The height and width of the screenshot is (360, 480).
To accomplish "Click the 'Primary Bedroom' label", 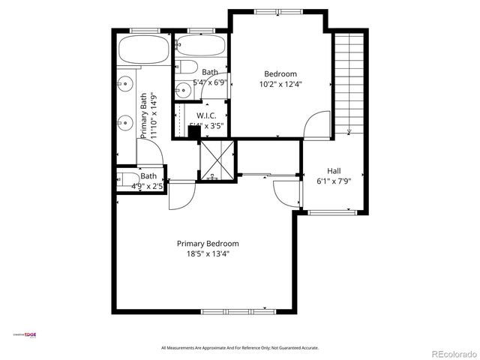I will [x=208, y=244].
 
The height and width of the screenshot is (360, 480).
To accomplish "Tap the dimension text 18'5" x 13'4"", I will [x=208, y=254].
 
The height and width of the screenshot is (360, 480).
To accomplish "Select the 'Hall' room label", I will [x=334, y=170].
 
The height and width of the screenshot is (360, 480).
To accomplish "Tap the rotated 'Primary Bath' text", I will [x=144, y=115].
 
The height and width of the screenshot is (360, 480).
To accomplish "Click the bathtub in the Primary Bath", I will [x=144, y=51].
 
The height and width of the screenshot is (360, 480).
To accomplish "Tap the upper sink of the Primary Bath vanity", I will [x=124, y=82].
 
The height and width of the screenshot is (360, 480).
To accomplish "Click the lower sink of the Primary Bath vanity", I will [x=124, y=119].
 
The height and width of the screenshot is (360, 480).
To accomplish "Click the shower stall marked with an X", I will [x=217, y=160].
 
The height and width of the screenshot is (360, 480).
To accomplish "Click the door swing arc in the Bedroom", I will [x=316, y=121].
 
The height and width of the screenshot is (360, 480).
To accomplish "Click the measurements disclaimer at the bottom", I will [x=240, y=348].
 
